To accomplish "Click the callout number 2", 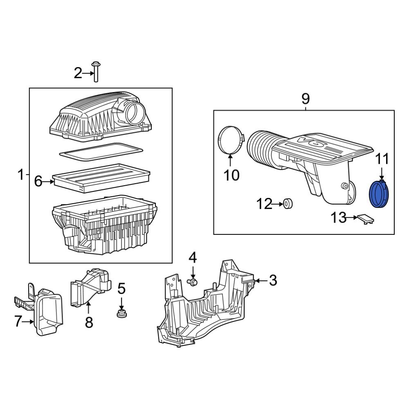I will [x=78, y=74].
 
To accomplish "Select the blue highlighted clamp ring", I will [x=380, y=195].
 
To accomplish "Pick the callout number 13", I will [x=338, y=218].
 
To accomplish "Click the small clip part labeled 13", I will [x=365, y=219].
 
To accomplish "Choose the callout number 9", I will [x=306, y=99].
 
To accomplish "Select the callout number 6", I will [x=38, y=181].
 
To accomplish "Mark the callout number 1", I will [x=20, y=175].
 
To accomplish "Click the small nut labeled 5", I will [x=121, y=314].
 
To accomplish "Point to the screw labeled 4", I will [x=192, y=281].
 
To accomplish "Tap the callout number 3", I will [x=273, y=281].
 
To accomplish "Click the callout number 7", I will [x=18, y=322].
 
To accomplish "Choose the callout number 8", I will [x=89, y=322].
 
